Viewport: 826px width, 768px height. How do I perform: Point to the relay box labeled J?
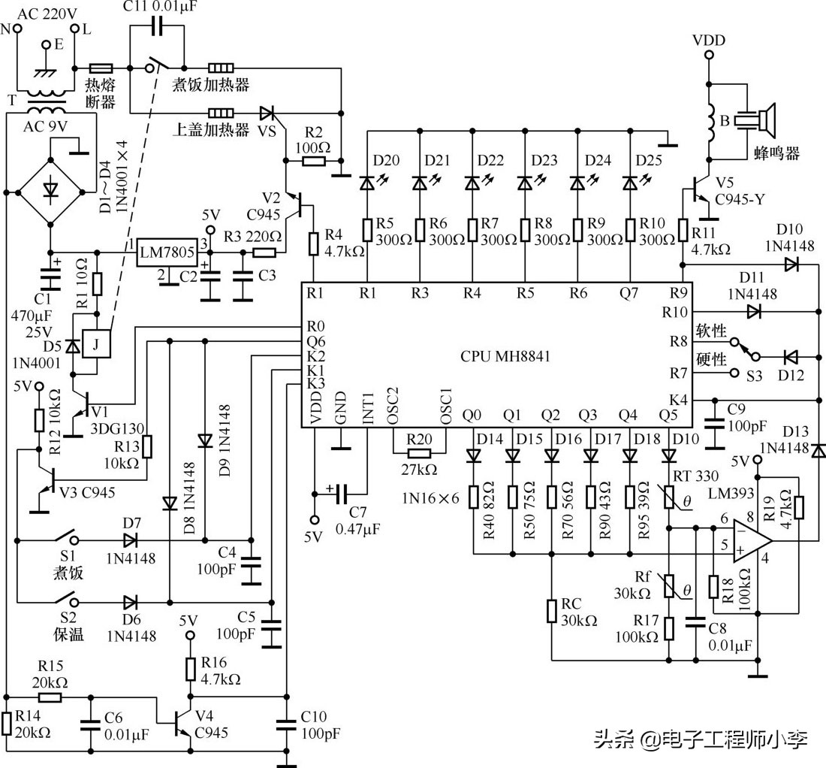(97, 344)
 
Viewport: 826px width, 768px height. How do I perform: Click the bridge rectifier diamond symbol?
(50, 191)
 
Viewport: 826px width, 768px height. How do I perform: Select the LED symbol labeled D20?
(367, 183)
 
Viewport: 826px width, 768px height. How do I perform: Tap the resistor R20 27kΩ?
(418, 453)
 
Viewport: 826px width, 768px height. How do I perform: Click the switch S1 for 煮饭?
(65, 540)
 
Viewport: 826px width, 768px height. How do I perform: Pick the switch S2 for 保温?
(65, 601)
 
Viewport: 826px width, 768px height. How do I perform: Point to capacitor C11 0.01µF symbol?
(156, 28)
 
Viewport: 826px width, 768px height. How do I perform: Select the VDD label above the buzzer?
(709, 40)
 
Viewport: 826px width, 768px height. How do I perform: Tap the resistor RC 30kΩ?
(552, 611)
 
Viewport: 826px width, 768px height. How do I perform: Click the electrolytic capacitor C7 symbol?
(342, 494)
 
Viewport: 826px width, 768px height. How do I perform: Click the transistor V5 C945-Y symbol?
(698, 194)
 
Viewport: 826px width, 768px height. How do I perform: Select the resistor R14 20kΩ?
(6, 724)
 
